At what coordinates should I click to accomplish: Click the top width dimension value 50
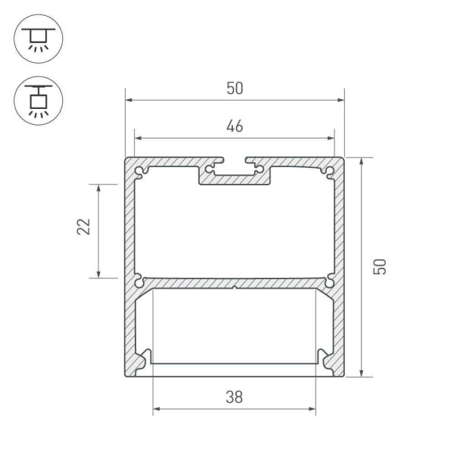(x=235, y=89)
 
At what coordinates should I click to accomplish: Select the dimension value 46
(x=235, y=127)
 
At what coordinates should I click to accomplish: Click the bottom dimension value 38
(x=235, y=397)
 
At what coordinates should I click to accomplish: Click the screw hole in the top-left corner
(x=139, y=172)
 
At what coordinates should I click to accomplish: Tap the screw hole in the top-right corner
(x=330, y=172)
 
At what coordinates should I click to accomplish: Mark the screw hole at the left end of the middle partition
(x=139, y=282)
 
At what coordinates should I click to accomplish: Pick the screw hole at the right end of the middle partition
(x=330, y=282)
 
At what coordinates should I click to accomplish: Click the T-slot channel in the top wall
(x=235, y=173)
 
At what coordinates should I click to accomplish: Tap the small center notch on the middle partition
(x=235, y=287)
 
